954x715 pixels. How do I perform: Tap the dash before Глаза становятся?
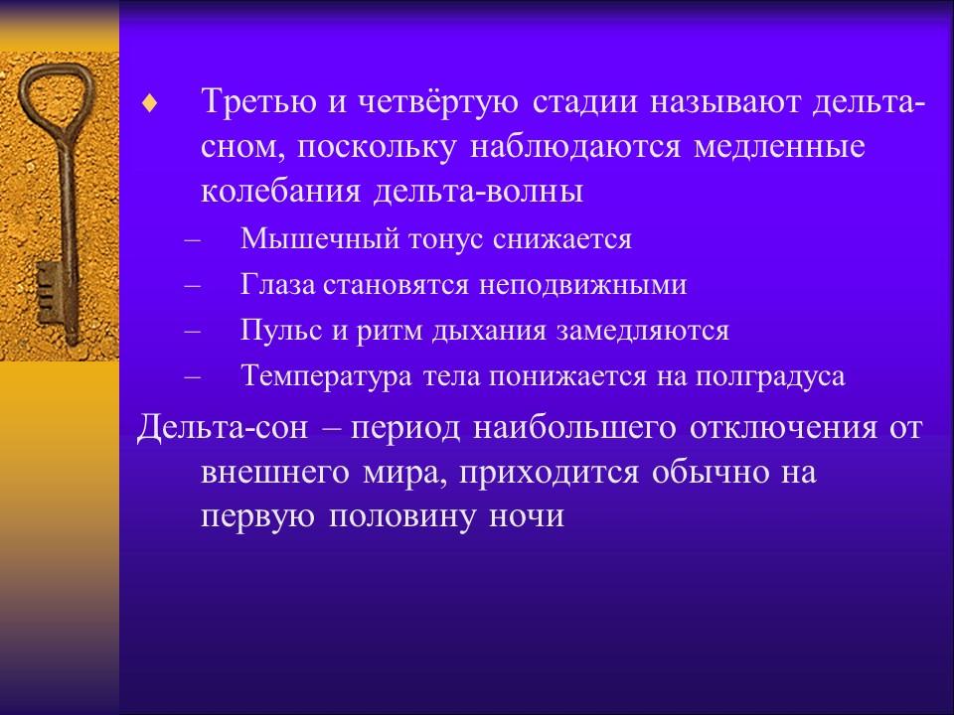tap(192, 286)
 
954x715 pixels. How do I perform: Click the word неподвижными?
tap(583, 285)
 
